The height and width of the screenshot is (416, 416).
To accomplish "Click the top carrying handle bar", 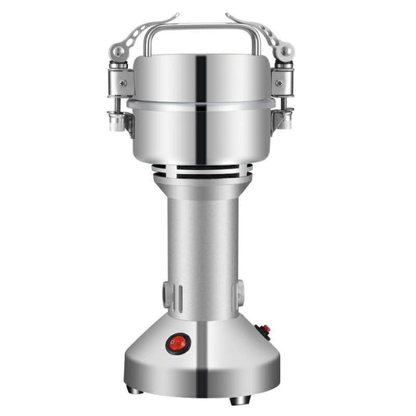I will tap(208, 27).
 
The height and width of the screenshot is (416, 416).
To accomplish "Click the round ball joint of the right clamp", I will tap(287, 51).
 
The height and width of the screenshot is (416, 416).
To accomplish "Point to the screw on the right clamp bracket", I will tap(279, 80).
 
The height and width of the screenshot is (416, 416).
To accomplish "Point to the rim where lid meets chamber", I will tap(204, 103).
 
